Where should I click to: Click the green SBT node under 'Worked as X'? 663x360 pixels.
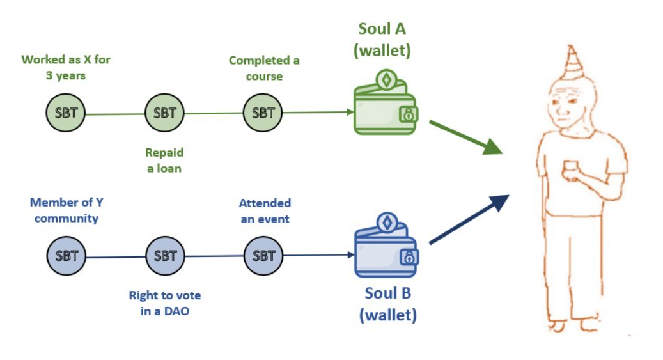pyautogui.click(x=66, y=113)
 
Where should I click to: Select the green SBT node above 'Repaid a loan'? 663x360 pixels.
pyautogui.click(x=164, y=113)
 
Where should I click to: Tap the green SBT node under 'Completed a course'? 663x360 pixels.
pyautogui.click(x=263, y=113)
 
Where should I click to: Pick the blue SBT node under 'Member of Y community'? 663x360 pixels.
pyautogui.click(x=66, y=256)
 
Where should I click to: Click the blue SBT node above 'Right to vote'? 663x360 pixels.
pyautogui.click(x=164, y=256)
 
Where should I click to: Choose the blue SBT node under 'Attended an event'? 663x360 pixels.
pyautogui.click(x=263, y=256)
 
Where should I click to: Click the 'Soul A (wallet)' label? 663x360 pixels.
pyautogui.click(x=382, y=39)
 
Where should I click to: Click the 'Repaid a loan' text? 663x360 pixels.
pyautogui.click(x=164, y=160)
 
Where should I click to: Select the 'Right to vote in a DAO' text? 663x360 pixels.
pyautogui.click(x=164, y=303)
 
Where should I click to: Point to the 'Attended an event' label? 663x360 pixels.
pyautogui.click(x=264, y=211)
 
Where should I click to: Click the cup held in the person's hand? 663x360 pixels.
pyautogui.click(x=569, y=170)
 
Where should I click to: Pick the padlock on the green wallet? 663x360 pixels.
pyautogui.click(x=407, y=114)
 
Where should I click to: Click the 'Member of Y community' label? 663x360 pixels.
pyautogui.click(x=66, y=210)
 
